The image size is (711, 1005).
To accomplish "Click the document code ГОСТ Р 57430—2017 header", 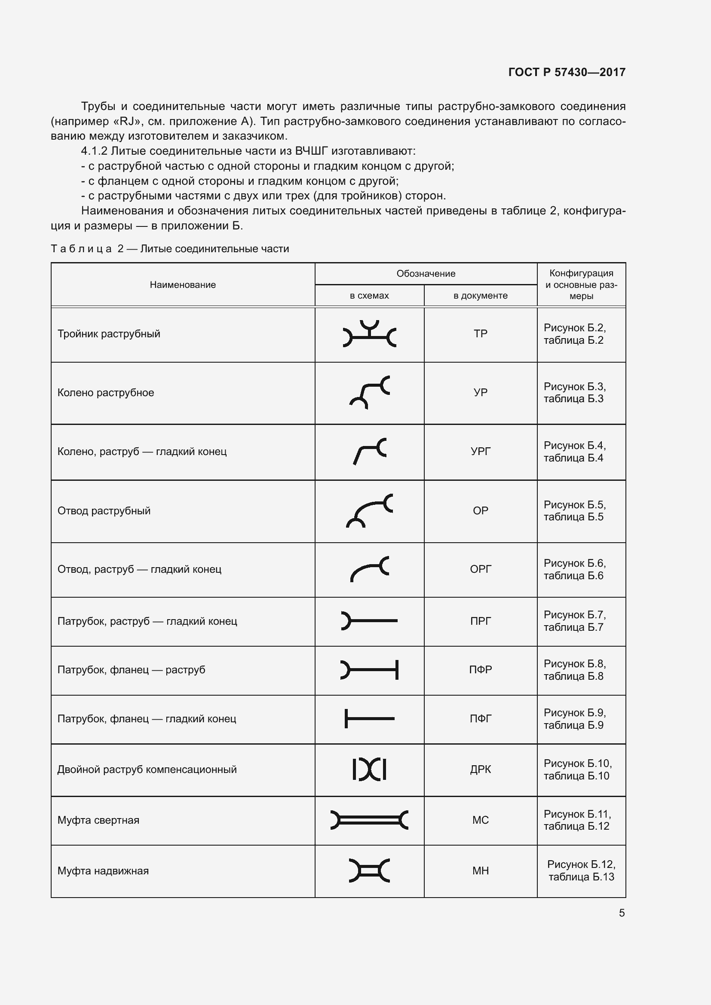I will pos(567,72).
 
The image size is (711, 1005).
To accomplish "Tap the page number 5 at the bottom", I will pos(622,913).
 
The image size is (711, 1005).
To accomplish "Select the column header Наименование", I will pos(183,285).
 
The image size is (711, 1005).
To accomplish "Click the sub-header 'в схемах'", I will pos(369,296).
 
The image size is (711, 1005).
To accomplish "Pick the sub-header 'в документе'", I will pos(480,296).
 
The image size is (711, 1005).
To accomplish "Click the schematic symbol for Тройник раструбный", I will pos(370,334).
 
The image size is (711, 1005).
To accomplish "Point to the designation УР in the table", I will pos(480,392).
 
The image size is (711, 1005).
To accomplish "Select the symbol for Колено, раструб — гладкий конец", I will pos(370,451).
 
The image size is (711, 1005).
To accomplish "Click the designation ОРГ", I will pos(480,569).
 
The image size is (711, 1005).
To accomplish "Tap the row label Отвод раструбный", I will pos(104,511).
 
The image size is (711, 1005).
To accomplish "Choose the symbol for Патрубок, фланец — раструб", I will pos(370,670).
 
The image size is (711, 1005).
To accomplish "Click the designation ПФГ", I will pos(480,719).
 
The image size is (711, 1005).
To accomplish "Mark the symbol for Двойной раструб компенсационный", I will pos(370,770).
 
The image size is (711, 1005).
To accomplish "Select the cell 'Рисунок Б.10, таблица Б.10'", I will pos(577,770).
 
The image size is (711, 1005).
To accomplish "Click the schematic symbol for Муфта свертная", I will pos(370,820).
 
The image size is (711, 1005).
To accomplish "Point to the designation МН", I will pos(480,871).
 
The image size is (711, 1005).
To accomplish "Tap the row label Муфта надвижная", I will pos(103,871).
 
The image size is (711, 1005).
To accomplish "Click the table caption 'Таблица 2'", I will pos(87,249).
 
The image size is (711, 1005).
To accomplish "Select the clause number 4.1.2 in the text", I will pos(94,151).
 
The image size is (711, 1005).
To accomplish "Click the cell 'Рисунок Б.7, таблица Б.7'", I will pos(574,621).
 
